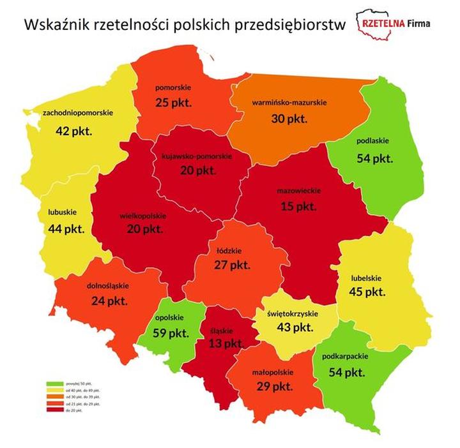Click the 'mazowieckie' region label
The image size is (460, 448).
(x=298, y=191)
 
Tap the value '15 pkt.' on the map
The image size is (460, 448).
(x=298, y=207)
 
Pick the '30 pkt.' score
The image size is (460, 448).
(x=289, y=119)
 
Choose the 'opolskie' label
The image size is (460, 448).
(x=169, y=317)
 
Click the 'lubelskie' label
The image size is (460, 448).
(x=367, y=278)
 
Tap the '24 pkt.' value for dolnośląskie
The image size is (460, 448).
(x=109, y=301)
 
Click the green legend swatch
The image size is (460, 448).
(x=54, y=384)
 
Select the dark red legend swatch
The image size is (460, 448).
(x=54, y=409)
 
